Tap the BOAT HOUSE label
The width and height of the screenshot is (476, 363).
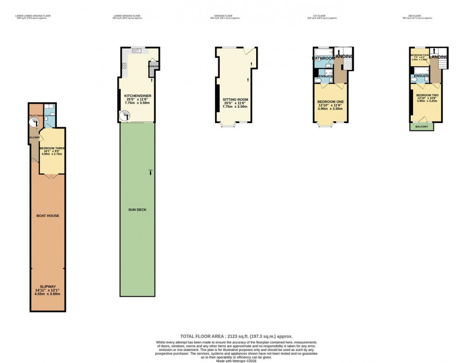(x=48, y=216)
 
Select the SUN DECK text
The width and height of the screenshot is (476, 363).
(x=138, y=210)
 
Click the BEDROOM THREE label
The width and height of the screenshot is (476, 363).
(x=52, y=148)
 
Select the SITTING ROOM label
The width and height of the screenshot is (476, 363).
(x=235, y=100)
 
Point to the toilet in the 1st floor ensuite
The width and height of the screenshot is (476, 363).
(x=318, y=81)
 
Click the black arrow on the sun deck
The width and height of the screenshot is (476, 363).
(x=150, y=172)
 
